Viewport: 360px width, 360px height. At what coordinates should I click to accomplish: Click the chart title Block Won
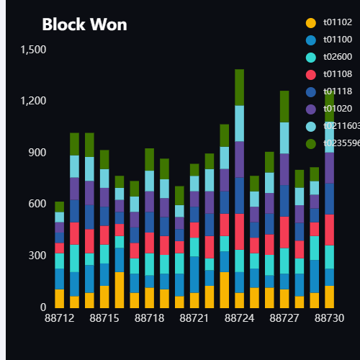(x=84, y=24)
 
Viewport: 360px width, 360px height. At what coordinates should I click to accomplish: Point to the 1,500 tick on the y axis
(x=33, y=50)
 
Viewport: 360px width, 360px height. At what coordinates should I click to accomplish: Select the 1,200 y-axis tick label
(x=33, y=102)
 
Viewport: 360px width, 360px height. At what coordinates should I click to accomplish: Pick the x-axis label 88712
(x=60, y=318)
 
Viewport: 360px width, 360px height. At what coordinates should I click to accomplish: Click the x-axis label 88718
(x=149, y=318)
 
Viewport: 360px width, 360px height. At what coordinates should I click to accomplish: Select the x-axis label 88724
(x=239, y=318)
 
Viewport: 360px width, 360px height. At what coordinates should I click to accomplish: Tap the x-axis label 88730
(x=329, y=318)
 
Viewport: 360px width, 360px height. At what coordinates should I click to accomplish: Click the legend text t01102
(x=338, y=23)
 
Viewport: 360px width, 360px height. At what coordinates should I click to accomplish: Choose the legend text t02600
(x=338, y=57)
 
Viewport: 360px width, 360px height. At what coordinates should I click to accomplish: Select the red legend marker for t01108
(x=311, y=74)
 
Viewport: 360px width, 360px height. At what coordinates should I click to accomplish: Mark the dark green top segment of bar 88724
(x=239, y=87)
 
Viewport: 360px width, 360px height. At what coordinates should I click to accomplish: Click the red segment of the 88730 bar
(x=329, y=230)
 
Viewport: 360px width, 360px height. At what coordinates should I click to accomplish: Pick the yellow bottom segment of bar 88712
(x=60, y=298)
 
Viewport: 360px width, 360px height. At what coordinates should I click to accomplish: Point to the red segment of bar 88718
(x=149, y=243)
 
